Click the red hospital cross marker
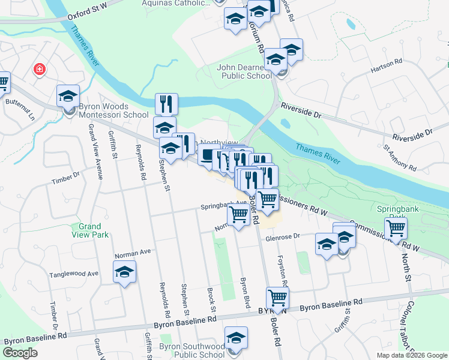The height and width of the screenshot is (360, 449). pyautogui.click(x=40, y=70)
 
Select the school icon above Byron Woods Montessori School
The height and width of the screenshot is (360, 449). pyautogui.click(x=68, y=96)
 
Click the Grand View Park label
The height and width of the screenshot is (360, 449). pyautogui.click(x=93, y=230)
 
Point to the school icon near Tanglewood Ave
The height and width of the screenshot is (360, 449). pyautogui.click(x=125, y=272)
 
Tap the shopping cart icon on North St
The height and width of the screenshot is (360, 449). pyautogui.click(x=396, y=228)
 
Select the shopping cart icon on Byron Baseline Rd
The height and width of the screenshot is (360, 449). pyautogui.click(x=277, y=297)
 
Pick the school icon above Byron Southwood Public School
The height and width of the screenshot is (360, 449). pyautogui.click(x=237, y=338)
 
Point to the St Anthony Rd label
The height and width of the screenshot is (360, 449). pyautogui.click(x=400, y=158)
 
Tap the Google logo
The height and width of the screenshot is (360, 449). pyautogui.click(x=20, y=353)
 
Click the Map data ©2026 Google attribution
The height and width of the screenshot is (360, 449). pyautogui.click(x=411, y=355)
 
